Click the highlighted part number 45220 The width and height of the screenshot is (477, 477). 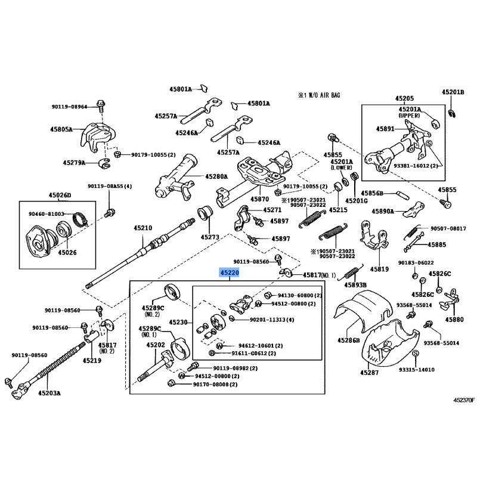click(230, 272)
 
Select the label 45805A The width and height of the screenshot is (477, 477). click(61, 129)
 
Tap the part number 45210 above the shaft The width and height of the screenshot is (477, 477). click(143, 228)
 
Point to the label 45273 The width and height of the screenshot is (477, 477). click(210, 237)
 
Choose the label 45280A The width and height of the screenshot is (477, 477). click(216, 176)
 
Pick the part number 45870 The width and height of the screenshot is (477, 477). click(259, 199)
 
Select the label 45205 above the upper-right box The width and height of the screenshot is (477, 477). click(405, 98)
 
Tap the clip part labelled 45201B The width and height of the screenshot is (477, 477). click(452, 114)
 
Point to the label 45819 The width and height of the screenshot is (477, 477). click(379, 269)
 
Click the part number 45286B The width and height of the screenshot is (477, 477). click(348, 340)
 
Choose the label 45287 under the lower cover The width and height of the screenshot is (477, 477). click(369, 372)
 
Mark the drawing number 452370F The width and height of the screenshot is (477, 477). click(464, 400)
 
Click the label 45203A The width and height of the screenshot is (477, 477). click(49, 393)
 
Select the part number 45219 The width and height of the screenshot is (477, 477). click(92, 361)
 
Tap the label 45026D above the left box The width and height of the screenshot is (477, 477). click(60, 195)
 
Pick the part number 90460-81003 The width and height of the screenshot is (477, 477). click(47, 214)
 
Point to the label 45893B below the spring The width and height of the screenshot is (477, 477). click(355, 285)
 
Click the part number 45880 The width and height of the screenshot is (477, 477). click(454, 320)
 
